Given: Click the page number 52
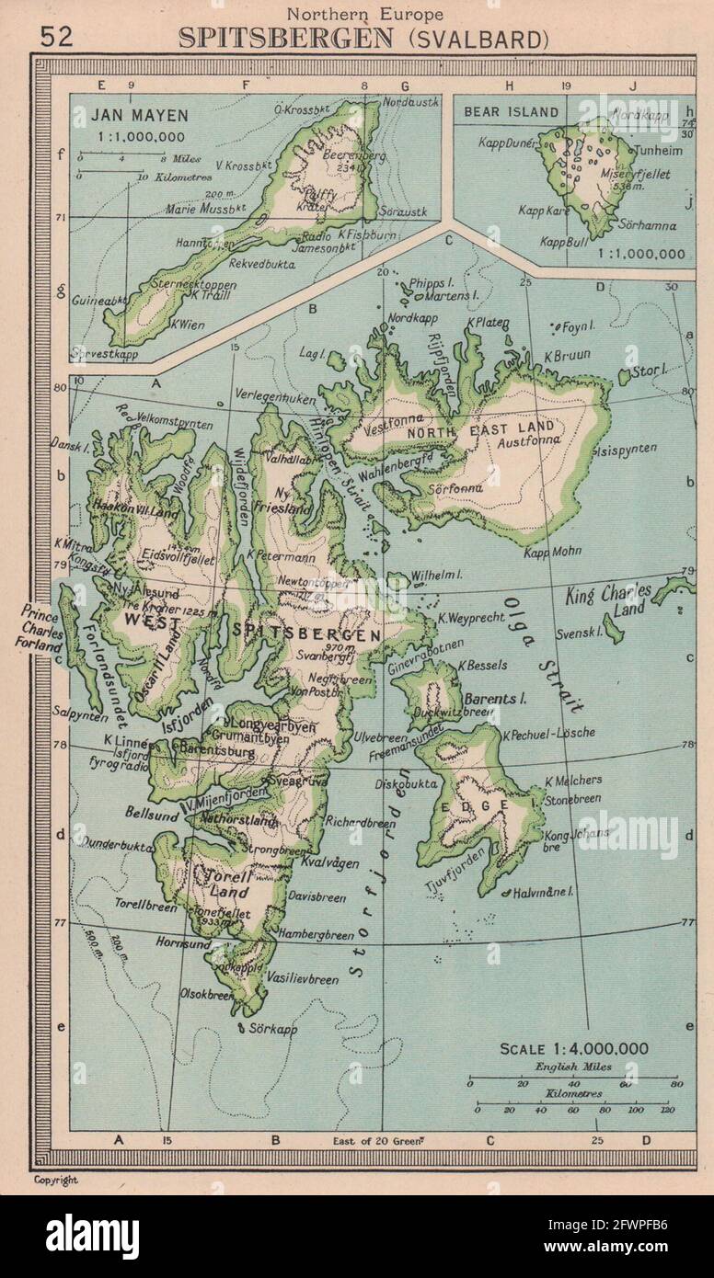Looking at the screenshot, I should (x=56, y=36).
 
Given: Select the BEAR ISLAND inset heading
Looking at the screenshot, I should (x=512, y=112).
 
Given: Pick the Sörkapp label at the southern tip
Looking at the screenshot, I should (x=273, y=1029).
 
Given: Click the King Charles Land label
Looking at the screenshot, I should (x=608, y=599).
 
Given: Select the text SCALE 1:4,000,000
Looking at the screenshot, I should (x=573, y=1048).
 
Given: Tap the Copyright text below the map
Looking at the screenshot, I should (x=56, y=1180).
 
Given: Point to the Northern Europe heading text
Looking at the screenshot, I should (x=364, y=13).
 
